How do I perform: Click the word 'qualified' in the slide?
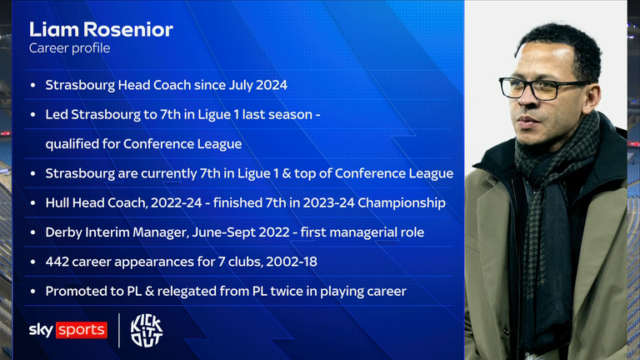(72, 144)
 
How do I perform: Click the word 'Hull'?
(60, 202)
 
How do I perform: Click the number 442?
(61, 261)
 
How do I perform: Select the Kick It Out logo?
(146, 329)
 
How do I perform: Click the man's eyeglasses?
(536, 86)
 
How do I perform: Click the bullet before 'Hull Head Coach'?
(32, 202)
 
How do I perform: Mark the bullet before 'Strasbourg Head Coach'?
(32, 86)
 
